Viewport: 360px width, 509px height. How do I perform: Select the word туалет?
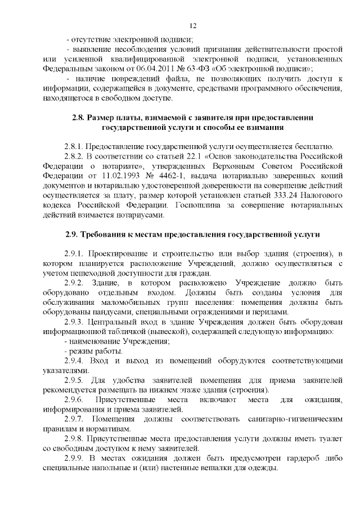coord(327,438)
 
